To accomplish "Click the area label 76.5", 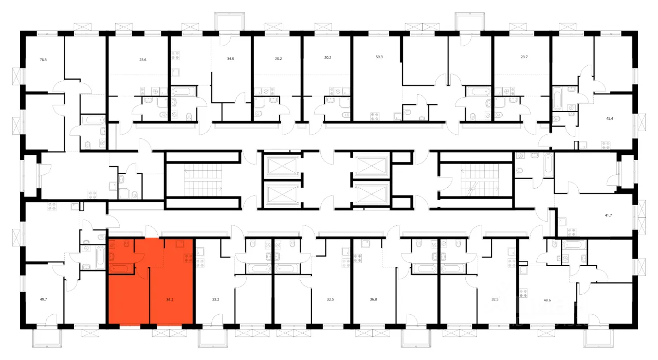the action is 43,60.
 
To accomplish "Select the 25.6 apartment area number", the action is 143,60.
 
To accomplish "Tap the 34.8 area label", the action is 231,59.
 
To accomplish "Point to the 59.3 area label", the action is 379,57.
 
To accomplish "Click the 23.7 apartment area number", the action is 524,57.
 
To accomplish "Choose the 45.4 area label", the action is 610,119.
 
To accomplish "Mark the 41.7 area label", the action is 608,215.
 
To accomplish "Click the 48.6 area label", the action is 547,300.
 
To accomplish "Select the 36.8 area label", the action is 373,299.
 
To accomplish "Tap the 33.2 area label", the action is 215,299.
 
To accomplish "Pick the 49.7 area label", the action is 44,299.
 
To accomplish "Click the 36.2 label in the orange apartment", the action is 170,300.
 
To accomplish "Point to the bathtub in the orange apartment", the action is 121,268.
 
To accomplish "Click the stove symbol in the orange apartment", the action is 188,259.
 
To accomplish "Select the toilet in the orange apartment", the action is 126,244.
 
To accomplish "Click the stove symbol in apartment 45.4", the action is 606,145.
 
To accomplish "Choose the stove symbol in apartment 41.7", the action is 571,232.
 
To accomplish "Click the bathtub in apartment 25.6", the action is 184,91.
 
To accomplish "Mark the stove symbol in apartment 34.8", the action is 175,55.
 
